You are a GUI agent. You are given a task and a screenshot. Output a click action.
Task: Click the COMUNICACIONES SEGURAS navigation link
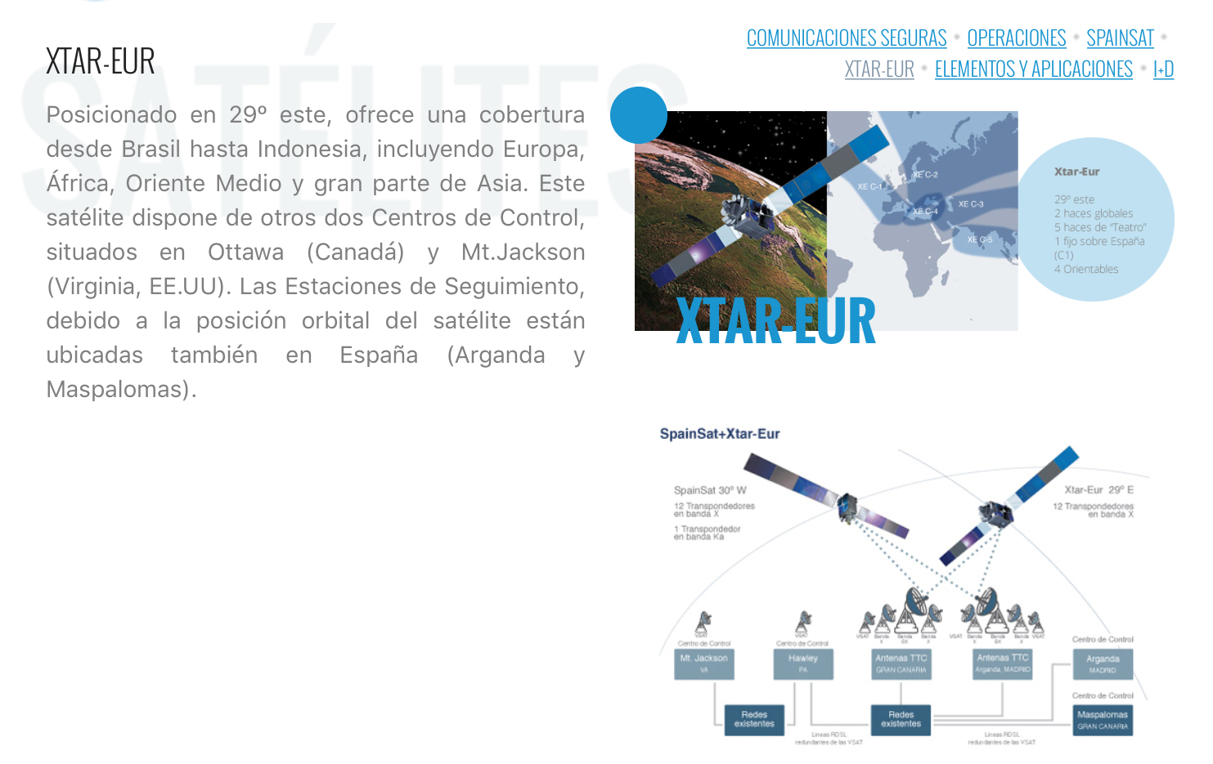(x=846, y=38)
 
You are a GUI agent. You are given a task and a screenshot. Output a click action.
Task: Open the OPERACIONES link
(x=1016, y=38)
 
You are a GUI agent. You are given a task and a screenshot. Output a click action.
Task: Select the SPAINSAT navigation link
(x=1120, y=38)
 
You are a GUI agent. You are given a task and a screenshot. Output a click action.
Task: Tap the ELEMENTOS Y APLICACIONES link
(x=1033, y=69)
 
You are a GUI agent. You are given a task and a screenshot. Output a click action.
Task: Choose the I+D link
(x=1163, y=69)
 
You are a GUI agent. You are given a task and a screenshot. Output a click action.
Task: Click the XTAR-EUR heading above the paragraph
(x=101, y=61)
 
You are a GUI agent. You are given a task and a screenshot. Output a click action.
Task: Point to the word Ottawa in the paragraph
(x=245, y=252)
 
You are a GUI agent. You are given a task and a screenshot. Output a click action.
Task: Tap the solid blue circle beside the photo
(x=639, y=115)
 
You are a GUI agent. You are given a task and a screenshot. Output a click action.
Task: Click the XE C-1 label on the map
(x=869, y=186)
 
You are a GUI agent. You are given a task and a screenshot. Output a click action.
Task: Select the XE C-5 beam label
(x=979, y=239)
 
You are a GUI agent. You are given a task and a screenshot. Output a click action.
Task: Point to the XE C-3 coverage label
(x=970, y=204)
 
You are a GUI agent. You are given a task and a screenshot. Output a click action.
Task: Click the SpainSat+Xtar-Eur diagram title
(x=720, y=434)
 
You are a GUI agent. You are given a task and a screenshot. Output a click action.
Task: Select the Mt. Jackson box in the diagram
(x=704, y=663)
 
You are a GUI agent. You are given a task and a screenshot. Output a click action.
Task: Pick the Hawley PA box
(x=803, y=663)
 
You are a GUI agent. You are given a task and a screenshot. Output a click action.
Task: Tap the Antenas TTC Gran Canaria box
(x=901, y=663)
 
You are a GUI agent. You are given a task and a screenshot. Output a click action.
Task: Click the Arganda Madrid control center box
(x=1103, y=663)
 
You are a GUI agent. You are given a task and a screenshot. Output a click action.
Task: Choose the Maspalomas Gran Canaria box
(x=1103, y=720)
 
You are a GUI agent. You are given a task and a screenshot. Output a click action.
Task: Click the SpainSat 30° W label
(x=710, y=490)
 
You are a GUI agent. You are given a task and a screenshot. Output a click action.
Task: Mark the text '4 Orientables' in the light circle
(x=1085, y=269)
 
